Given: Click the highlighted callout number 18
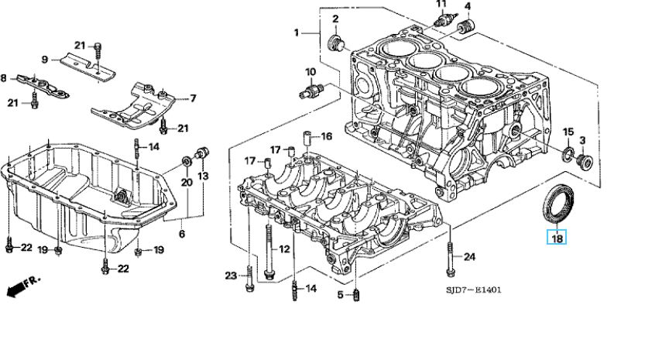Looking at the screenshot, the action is (557, 238).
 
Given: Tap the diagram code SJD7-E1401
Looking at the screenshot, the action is (473, 290).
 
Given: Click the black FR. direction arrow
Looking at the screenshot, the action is (16, 290).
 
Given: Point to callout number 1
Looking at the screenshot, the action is (297, 32).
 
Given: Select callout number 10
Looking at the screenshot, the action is (310, 72).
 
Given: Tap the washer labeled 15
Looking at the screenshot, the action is (568, 153).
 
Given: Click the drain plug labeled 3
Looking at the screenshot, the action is (584, 161).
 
